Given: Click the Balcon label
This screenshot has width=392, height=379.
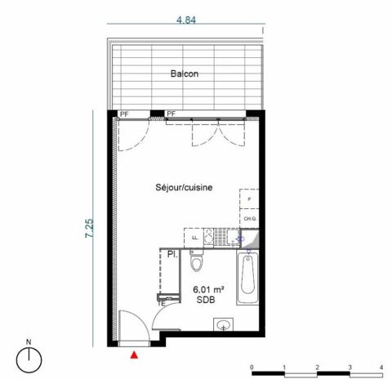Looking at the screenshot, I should (185, 74).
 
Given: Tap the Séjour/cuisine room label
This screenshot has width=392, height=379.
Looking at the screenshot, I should (184, 188).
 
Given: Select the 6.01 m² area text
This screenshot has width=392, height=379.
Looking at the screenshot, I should (209, 289).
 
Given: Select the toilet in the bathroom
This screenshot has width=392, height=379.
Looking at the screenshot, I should (195, 261).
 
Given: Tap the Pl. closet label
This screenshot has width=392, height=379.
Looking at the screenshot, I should (173, 254).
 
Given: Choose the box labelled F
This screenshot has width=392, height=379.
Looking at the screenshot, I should (248, 199).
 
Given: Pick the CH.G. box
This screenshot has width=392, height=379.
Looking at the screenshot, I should (248, 219).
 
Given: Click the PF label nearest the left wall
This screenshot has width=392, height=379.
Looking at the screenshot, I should (124, 114).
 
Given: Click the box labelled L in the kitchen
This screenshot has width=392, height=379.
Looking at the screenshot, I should (194, 238).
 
